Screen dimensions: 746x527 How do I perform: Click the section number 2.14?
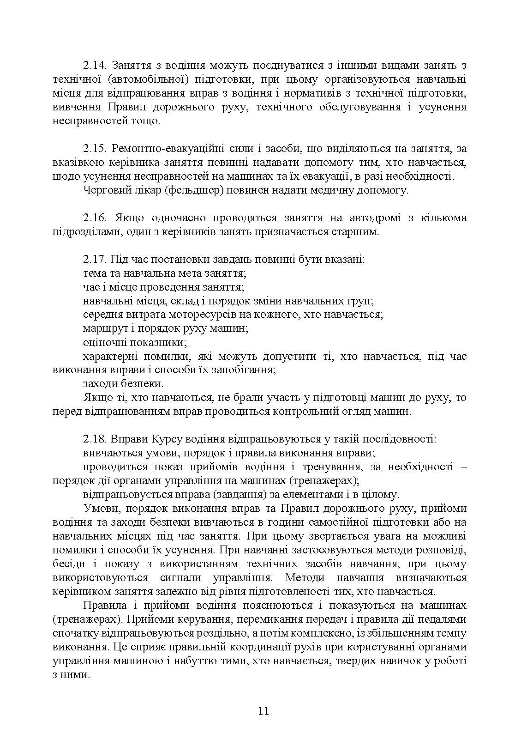(95, 66)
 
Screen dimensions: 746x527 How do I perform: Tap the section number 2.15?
(95, 149)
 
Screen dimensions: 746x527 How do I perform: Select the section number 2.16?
(95, 218)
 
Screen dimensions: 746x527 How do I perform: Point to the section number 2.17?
(95, 260)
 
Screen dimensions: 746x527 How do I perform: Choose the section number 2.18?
(95, 439)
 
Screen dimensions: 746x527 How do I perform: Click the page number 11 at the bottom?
(263, 710)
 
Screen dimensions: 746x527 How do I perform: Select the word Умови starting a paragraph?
(101, 509)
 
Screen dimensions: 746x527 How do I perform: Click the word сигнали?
(180, 578)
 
